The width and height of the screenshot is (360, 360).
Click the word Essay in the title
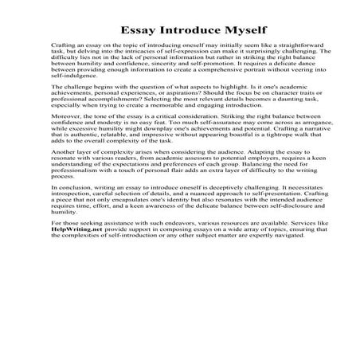click(x=138, y=30)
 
